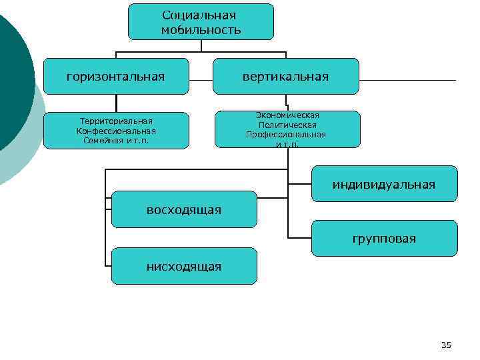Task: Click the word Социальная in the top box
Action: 200,15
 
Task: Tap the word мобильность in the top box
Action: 201,30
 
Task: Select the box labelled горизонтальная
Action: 116,76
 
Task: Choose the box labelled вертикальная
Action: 285,76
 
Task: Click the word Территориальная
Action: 116,121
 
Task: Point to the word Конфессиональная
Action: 116,131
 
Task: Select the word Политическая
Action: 287,125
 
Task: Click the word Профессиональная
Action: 286,135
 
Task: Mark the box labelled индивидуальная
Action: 384,184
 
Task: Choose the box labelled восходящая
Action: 183,209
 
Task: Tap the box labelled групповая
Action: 384,238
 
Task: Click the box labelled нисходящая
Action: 183,266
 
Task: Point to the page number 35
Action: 446,345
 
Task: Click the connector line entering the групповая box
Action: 300,237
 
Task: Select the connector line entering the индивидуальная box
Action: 300,183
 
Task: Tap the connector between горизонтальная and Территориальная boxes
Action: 116,103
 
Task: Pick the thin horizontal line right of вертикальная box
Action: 407,81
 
